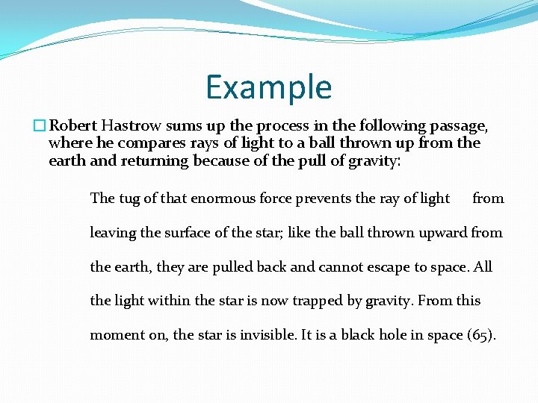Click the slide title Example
(269, 87)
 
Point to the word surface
(187, 232)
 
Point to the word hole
(392, 334)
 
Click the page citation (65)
(480, 334)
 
